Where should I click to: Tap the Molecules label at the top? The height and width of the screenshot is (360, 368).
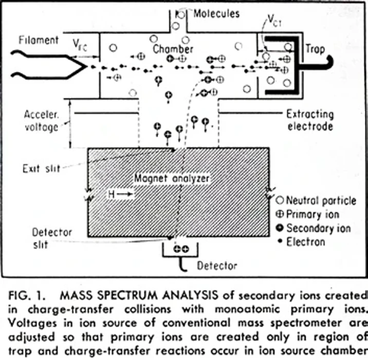coord(216,13)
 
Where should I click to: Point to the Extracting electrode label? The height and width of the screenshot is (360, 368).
coord(310,120)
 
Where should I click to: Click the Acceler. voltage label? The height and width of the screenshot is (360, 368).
coord(41,120)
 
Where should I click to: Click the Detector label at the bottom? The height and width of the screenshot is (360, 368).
coord(217,265)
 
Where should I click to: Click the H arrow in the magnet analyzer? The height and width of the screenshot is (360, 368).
coord(120,194)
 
